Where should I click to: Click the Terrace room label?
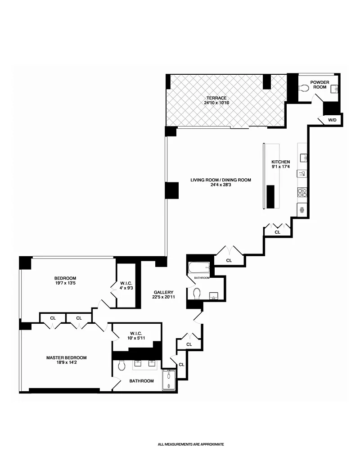(x=217, y=98)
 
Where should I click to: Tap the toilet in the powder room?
(x=304, y=88)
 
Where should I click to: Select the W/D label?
(x=332, y=120)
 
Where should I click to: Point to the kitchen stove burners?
(x=302, y=193)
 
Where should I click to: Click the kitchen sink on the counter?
(x=303, y=158)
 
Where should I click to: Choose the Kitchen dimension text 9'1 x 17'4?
(x=281, y=167)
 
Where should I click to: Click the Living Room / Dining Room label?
(x=220, y=180)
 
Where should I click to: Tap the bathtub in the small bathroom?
(x=199, y=268)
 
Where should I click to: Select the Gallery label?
(x=164, y=292)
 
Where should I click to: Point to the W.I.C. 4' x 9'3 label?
(x=126, y=285)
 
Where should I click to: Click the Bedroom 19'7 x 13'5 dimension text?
(x=65, y=283)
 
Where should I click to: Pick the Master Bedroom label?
(x=67, y=357)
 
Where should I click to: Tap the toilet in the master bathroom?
(x=121, y=366)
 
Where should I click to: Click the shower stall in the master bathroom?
(x=169, y=380)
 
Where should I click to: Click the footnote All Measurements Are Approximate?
(x=191, y=444)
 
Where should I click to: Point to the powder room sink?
(x=336, y=88)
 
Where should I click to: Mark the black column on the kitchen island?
(x=270, y=197)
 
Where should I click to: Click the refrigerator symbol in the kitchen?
(x=302, y=210)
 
